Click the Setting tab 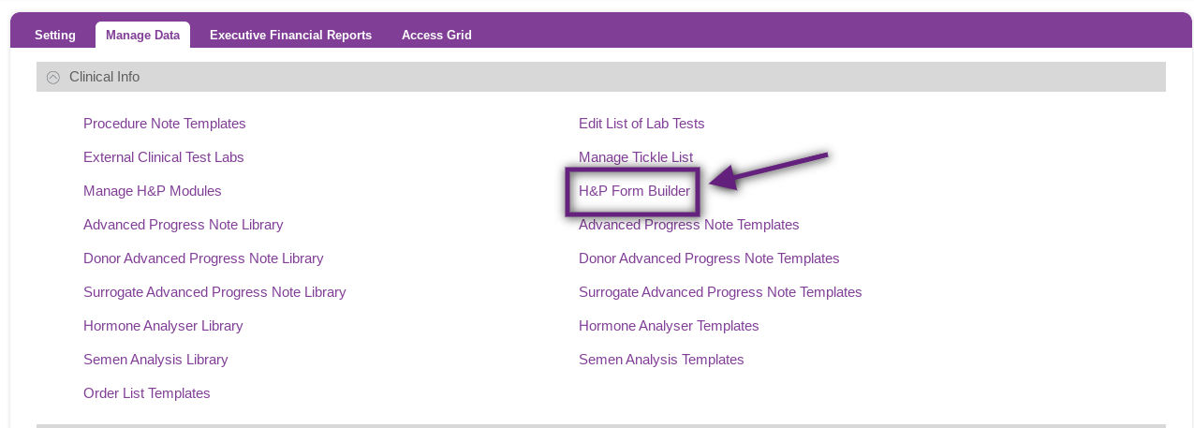click(55, 36)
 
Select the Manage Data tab click(143, 36)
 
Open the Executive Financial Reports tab click(290, 36)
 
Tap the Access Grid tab click(436, 36)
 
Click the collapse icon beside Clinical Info click(53, 78)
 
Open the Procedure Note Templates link click(164, 124)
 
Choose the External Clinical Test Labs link click(164, 157)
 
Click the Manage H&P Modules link click(153, 191)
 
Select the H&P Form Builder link click(634, 191)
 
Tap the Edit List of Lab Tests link click(641, 124)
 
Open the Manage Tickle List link click(636, 157)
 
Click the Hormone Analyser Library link click(163, 326)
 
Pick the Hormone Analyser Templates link click(669, 326)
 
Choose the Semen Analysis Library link click(155, 360)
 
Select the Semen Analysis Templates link click(661, 360)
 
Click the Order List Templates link click(147, 393)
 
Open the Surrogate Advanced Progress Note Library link click(214, 292)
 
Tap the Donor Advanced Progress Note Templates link click(709, 258)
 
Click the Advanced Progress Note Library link click(184, 225)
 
